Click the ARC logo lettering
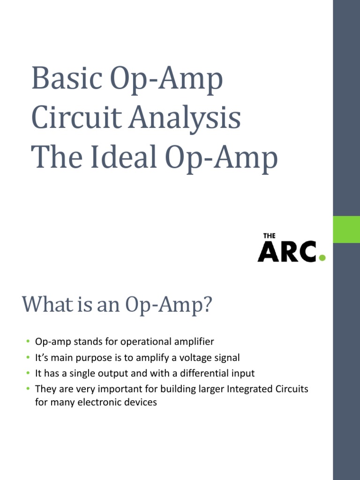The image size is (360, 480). (x=287, y=252)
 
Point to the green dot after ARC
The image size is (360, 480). (x=322, y=257)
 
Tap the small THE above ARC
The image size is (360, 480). (x=269, y=236)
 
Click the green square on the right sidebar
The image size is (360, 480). (x=346, y=229)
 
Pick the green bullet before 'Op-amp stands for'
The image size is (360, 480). (x=28, y=341)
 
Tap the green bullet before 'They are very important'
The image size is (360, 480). (x=28, y=389)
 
